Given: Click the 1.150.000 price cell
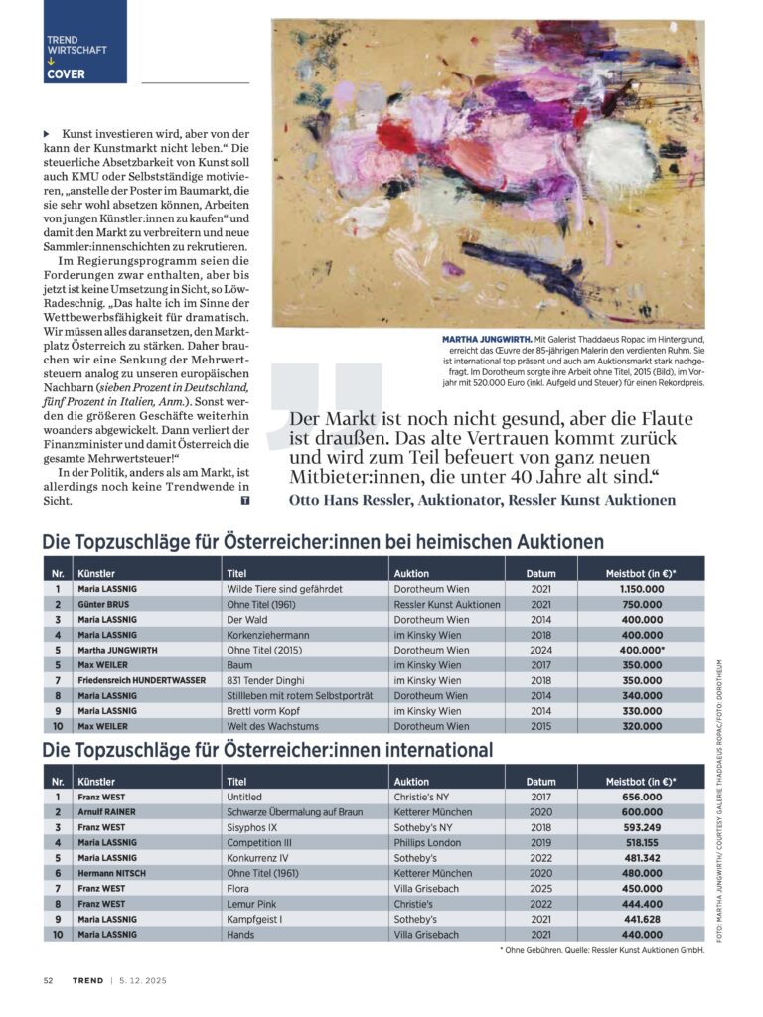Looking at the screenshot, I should tap(641, 589).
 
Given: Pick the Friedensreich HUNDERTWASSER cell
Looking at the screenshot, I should tap(140, 681).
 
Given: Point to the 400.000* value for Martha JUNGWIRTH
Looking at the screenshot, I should tap(641, 651).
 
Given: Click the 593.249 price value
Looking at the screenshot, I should tap(641, 827).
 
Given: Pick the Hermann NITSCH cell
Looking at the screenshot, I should tap(112, 874).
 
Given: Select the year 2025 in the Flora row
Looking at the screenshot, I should tap(540, 889).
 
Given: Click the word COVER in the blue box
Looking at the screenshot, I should tap(66, 73).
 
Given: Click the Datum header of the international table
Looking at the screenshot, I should tap(540, 782).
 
